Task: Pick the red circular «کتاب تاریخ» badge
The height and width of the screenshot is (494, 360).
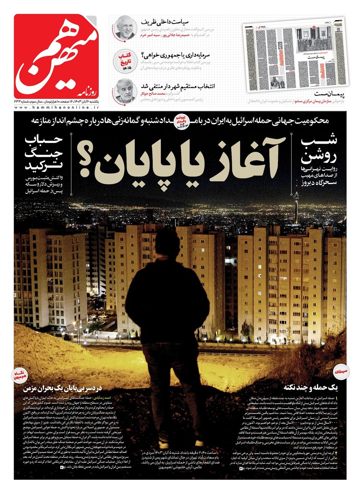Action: (x=125, y=61)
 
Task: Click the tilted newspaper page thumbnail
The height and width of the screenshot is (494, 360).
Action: (x=296, y=55)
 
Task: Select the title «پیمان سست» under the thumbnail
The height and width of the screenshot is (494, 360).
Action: (x=326, y=93)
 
